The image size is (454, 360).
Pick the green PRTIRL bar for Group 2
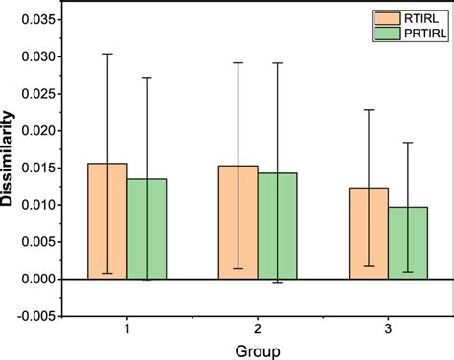click(277, 228)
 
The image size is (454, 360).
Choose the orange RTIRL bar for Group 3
click(368, 235)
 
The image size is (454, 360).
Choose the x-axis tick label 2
click(258, 328)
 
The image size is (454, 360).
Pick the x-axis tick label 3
click(387, 328)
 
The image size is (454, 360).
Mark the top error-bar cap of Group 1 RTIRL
click(107, 54)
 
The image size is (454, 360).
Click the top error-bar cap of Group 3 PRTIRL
click(408, 143)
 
